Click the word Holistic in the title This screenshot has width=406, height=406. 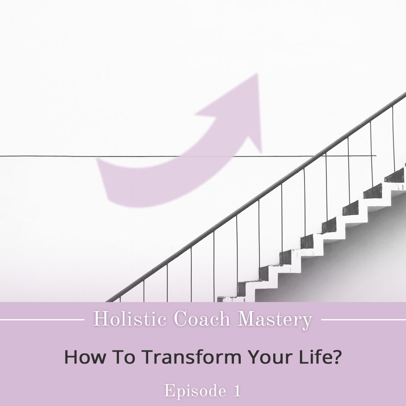[130, 319]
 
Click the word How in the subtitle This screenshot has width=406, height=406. [85, 356]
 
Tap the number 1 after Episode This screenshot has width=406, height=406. [237, 391]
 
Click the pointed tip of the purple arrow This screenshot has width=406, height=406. [258, 74]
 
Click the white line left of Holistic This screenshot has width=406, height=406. [42, 320]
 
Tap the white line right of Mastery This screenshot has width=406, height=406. [363, 320]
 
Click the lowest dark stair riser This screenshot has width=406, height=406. [220, 299]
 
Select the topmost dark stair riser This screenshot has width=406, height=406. [394, 176]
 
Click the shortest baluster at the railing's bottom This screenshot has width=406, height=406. [120, 300]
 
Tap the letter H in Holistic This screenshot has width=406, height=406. [100, 319]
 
